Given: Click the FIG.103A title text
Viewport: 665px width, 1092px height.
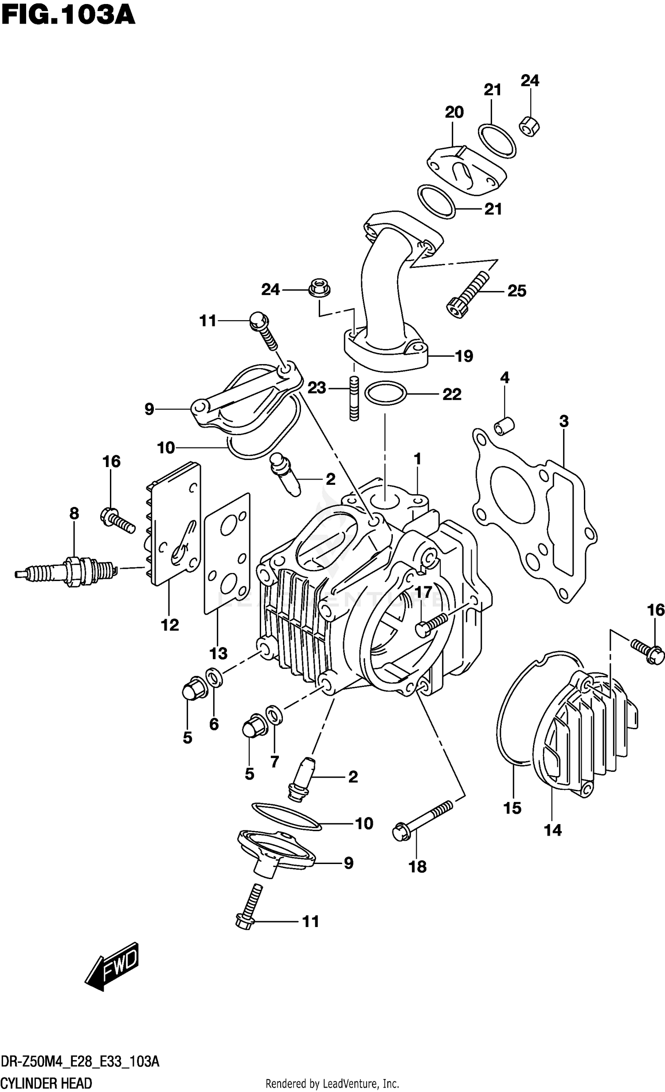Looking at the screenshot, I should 68,16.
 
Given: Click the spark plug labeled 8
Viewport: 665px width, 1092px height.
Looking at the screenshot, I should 66,572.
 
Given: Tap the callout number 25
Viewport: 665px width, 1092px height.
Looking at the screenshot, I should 516,291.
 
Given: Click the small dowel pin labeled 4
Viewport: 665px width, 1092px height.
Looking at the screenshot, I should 504,425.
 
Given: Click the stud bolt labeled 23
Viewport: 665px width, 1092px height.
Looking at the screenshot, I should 354,398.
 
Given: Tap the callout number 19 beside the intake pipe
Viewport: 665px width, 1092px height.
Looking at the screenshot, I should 464,356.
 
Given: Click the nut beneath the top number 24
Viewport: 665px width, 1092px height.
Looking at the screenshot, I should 529,126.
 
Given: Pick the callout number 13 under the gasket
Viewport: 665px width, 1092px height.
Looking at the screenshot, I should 218,653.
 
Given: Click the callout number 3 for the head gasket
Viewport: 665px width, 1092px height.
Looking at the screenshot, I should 563,421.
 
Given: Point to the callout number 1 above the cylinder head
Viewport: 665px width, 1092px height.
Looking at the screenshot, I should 417,459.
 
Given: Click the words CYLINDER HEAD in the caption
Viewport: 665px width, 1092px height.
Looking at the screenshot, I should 46,1083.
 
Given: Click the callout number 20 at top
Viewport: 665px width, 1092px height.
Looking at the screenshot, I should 454,112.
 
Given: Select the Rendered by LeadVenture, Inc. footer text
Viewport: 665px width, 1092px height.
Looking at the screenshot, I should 332,1084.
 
